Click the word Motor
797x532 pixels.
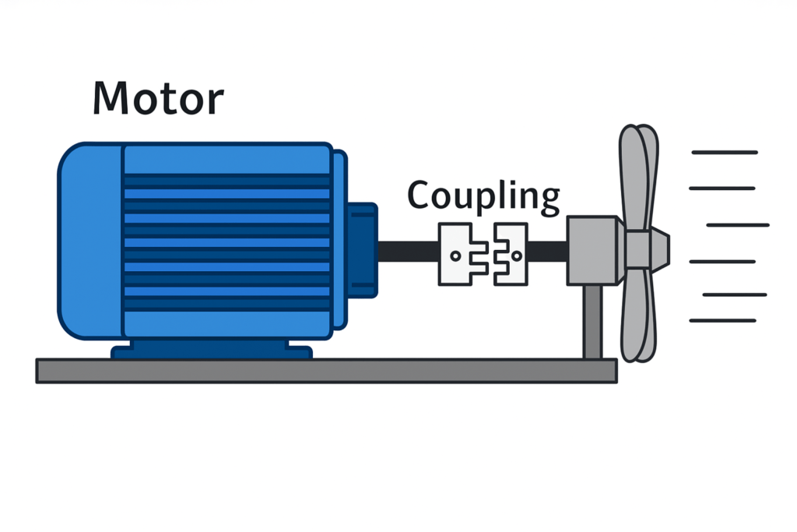point(157,98)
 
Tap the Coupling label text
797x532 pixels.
point(483,196)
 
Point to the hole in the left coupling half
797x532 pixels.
point(455,255)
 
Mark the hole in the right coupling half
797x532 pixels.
point(515,254)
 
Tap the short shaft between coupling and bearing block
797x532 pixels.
point(547,252)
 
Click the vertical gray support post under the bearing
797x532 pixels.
point(593,321)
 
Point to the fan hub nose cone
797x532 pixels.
point(658,247)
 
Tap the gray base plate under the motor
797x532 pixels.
point(327,371)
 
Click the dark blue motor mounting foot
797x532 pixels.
point(212,350)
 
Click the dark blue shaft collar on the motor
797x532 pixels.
point(361,250)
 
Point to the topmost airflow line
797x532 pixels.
point(724,153)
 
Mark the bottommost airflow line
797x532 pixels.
point(722,320)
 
